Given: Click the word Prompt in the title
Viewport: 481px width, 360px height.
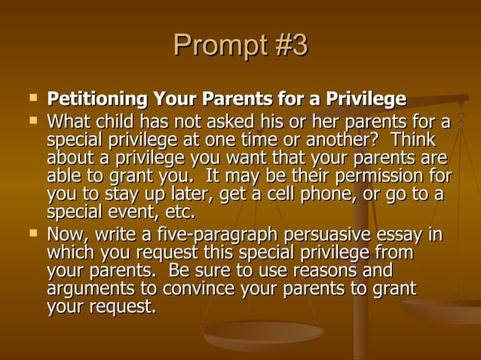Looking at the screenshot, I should point(213,46).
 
